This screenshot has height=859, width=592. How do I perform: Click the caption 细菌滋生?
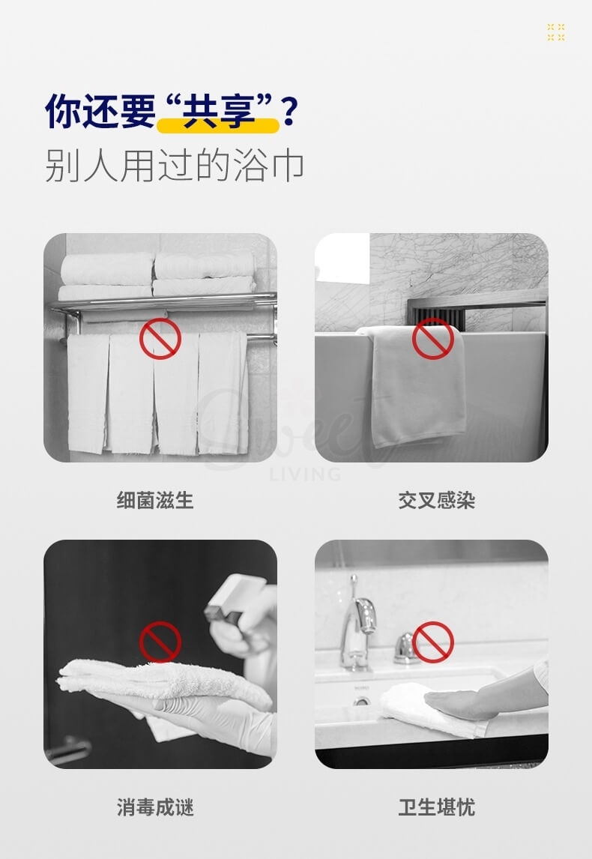tap(155, 500)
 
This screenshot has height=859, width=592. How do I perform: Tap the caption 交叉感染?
tap(436, 500)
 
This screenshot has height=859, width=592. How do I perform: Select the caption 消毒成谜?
tap(155, 807)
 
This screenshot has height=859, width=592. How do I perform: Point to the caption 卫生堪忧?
tap(436, 807)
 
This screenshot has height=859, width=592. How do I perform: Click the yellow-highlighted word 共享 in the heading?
tap(217, 112)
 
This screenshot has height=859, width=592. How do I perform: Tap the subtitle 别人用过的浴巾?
tap(174, 166)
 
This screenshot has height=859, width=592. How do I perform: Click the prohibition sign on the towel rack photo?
tap(160, 338)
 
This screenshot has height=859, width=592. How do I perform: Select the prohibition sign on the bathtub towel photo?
tap(432, 338)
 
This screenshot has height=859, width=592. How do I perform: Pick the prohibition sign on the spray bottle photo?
tap(160, 642)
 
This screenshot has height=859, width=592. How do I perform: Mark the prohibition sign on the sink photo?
tap(432, 642)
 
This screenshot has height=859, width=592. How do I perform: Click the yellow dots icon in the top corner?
tap(555, 31)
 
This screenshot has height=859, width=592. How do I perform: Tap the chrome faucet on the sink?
tap(358, 622)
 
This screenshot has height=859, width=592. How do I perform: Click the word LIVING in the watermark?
tap(304, 474)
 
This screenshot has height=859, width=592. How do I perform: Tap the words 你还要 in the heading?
tap(99, 112)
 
